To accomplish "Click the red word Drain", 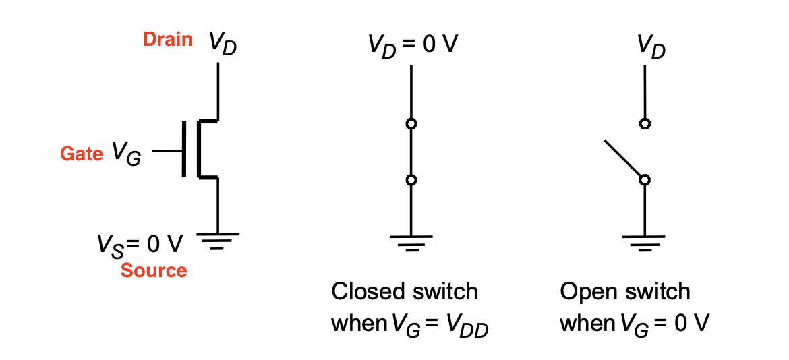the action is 168,40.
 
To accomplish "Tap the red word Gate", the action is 82,153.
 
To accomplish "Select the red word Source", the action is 154,270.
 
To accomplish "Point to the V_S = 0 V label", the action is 140,246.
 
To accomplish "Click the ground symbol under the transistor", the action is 217,240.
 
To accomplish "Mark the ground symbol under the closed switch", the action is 411,243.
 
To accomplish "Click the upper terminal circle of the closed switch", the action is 411,123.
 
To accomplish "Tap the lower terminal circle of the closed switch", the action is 411,179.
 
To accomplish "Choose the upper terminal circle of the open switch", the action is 644,123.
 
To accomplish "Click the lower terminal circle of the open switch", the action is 644,179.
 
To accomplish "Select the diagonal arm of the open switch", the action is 622,159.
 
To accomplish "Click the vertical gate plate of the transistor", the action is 183,149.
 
